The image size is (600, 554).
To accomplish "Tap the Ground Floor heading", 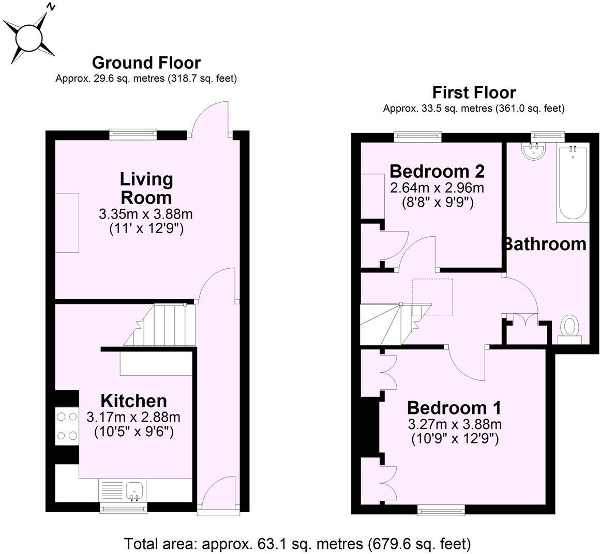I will coord(146,63).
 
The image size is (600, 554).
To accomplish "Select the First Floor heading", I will coord(474,93).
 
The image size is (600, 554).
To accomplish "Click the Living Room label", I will coord(146,188).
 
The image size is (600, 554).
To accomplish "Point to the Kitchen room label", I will coord(133,401).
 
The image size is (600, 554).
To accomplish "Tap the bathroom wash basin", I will coord(533,151).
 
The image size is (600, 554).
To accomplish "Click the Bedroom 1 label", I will coord(454,408).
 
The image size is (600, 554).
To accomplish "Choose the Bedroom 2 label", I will coord(437,171).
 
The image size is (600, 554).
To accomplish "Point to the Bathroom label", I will coord(545,243).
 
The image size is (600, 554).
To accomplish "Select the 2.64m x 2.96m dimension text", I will coord(437,187).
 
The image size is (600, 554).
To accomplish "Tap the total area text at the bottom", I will coord(297,544).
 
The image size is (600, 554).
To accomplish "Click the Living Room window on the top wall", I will coord(133,134).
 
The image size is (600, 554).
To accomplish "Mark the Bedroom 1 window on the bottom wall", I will coord(441,510).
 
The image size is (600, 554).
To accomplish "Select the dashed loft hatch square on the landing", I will coord(432,297).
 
